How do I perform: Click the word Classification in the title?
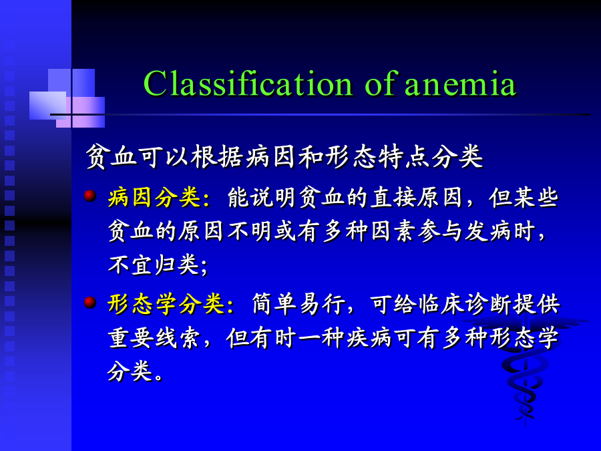point(248,84)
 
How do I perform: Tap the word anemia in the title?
point(460,85)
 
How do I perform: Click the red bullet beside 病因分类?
point(90,196)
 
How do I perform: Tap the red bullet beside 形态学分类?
point(90,302)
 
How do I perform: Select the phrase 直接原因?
point(416,198)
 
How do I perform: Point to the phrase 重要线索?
point(154,338)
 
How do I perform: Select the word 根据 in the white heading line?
point(217,156)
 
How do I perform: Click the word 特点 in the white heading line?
point(404,156)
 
